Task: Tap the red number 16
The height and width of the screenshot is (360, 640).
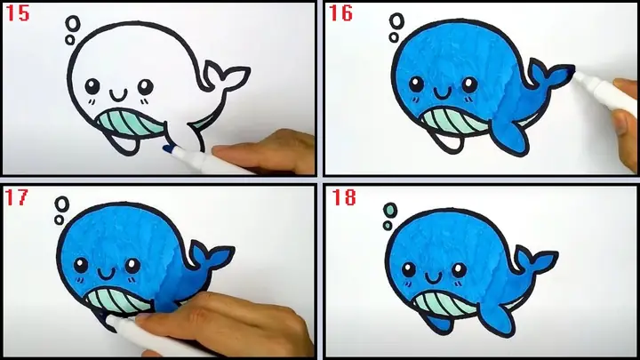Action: (340, 13)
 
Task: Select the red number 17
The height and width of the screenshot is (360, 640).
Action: (18, 196)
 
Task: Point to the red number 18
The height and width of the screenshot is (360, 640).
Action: (341, 196)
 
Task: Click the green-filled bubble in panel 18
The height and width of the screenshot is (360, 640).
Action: (388, 210)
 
